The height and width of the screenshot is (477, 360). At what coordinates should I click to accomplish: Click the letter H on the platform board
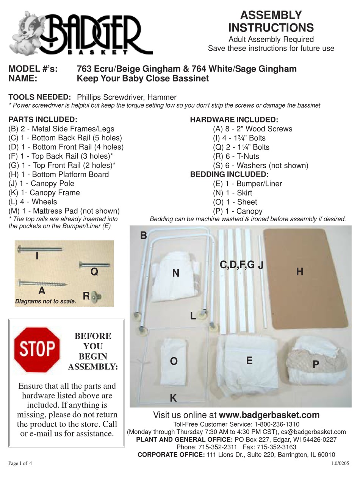(x=300, y=271)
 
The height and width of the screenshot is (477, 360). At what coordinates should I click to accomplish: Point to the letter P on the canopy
(x=316, y=364)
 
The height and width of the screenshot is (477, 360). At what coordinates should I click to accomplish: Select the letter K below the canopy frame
(x=173, y=398)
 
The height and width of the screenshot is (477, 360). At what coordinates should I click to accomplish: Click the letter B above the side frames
(x=143, y=236)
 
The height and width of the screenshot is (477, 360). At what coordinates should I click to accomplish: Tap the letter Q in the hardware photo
(x=94, y=272)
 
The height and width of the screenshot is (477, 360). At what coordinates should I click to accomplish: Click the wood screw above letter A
(x=43, y=283)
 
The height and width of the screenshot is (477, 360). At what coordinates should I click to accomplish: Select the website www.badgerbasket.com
(x=269, y=415)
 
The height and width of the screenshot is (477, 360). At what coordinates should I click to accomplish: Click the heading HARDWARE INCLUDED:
(x=234, y=120)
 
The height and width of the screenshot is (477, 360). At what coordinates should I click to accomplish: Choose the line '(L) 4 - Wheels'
(x=33, y=202)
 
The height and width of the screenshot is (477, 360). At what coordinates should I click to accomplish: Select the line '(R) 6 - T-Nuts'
(x=236, y=156)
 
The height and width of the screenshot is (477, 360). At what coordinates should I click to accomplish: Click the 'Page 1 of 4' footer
(x=20, y=463)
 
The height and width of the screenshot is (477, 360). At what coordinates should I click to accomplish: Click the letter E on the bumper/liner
(x=249, y=360)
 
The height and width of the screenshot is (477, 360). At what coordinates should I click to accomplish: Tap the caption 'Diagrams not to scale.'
(x=45, y=302)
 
